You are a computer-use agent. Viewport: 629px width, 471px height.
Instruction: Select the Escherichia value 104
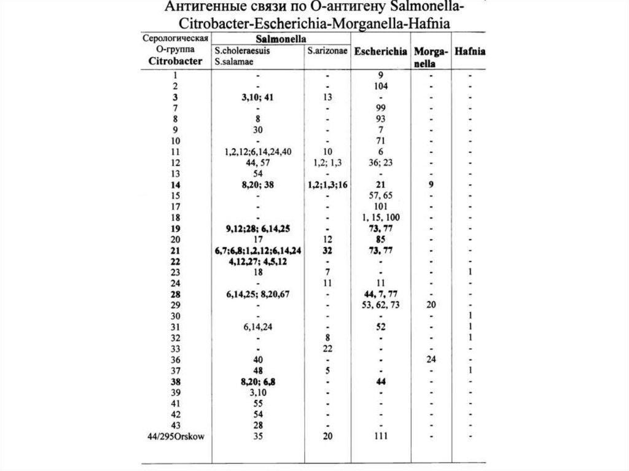[381, 86]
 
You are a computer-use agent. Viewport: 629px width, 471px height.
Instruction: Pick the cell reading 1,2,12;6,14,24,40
[258, 152]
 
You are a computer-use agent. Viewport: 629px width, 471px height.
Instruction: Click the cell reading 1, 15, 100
[381, 217]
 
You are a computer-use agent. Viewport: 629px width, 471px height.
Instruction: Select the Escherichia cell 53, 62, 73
[381, 305]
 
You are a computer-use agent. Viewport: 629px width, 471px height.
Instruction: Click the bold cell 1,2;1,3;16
[329, 185]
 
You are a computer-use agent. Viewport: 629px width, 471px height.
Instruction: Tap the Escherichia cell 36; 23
[381, 163]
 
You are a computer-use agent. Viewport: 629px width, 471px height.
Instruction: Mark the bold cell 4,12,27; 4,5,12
[258, 262]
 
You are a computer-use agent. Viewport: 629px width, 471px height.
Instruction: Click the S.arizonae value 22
[329, 349]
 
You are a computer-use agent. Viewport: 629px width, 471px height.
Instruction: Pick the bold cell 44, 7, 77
[381, 294]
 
